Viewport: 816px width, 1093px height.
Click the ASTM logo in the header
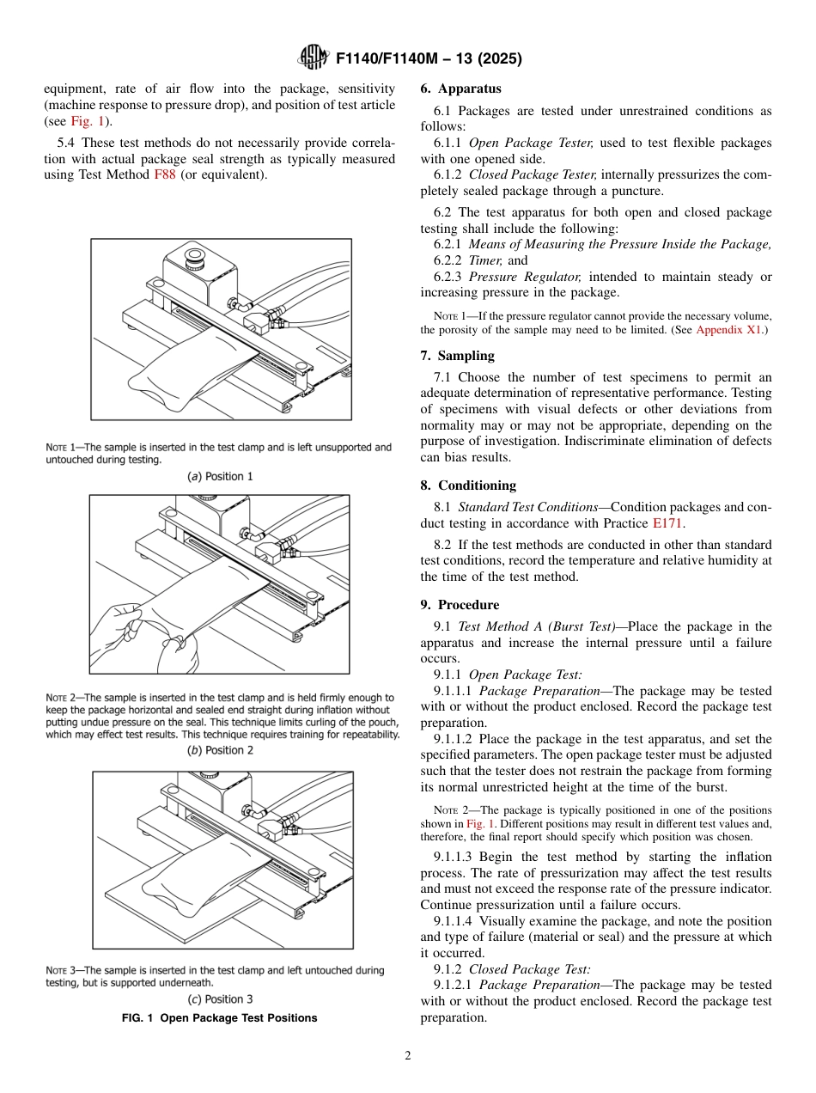(x=314, y=58)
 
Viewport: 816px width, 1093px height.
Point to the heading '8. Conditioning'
(x=468, y=485)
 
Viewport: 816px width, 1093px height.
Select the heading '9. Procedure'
(x=460, y=605)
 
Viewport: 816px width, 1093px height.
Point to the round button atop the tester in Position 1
(x=194, y=256)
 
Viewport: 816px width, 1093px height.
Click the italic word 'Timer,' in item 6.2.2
(x=486, y=260)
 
